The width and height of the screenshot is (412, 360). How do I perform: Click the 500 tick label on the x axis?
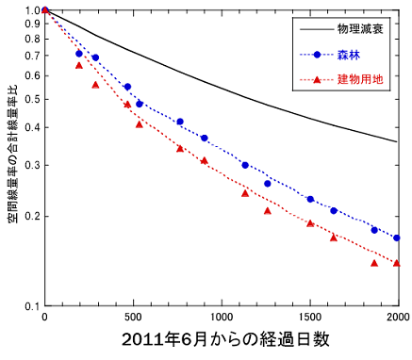[133, 317]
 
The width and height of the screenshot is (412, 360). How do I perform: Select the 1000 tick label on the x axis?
[222, 317]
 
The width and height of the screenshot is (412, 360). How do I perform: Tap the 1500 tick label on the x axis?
[310, 317]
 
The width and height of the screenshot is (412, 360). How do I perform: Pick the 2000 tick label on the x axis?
[397, 317]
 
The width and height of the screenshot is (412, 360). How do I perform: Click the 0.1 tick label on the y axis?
[30, 305]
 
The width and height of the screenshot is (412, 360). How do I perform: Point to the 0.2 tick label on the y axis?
[30, 217]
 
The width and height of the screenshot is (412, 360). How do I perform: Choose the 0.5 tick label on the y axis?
[30, 99]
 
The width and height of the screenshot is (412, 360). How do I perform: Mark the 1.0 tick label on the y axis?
[30, 10]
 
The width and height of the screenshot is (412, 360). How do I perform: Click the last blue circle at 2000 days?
[397, 237]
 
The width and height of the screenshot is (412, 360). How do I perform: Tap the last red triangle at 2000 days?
[397, 263]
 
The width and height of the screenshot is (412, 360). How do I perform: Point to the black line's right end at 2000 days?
[397, 141]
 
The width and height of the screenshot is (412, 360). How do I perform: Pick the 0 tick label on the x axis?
[44, 317]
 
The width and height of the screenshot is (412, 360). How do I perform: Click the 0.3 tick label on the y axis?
[30, 165]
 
